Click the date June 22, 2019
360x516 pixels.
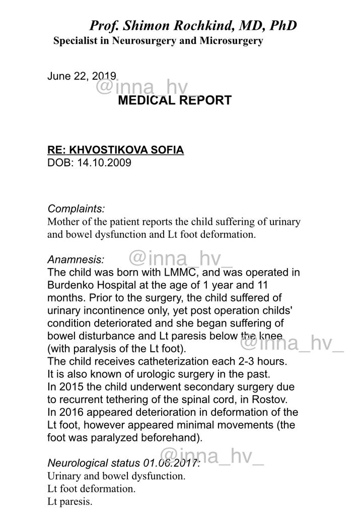tap(82, 76)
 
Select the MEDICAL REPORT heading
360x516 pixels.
tap(174, 100)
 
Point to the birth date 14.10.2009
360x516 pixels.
tap(104, 163)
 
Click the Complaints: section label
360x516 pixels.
tap(76, 208)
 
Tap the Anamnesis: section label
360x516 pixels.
tap(76, 260)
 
